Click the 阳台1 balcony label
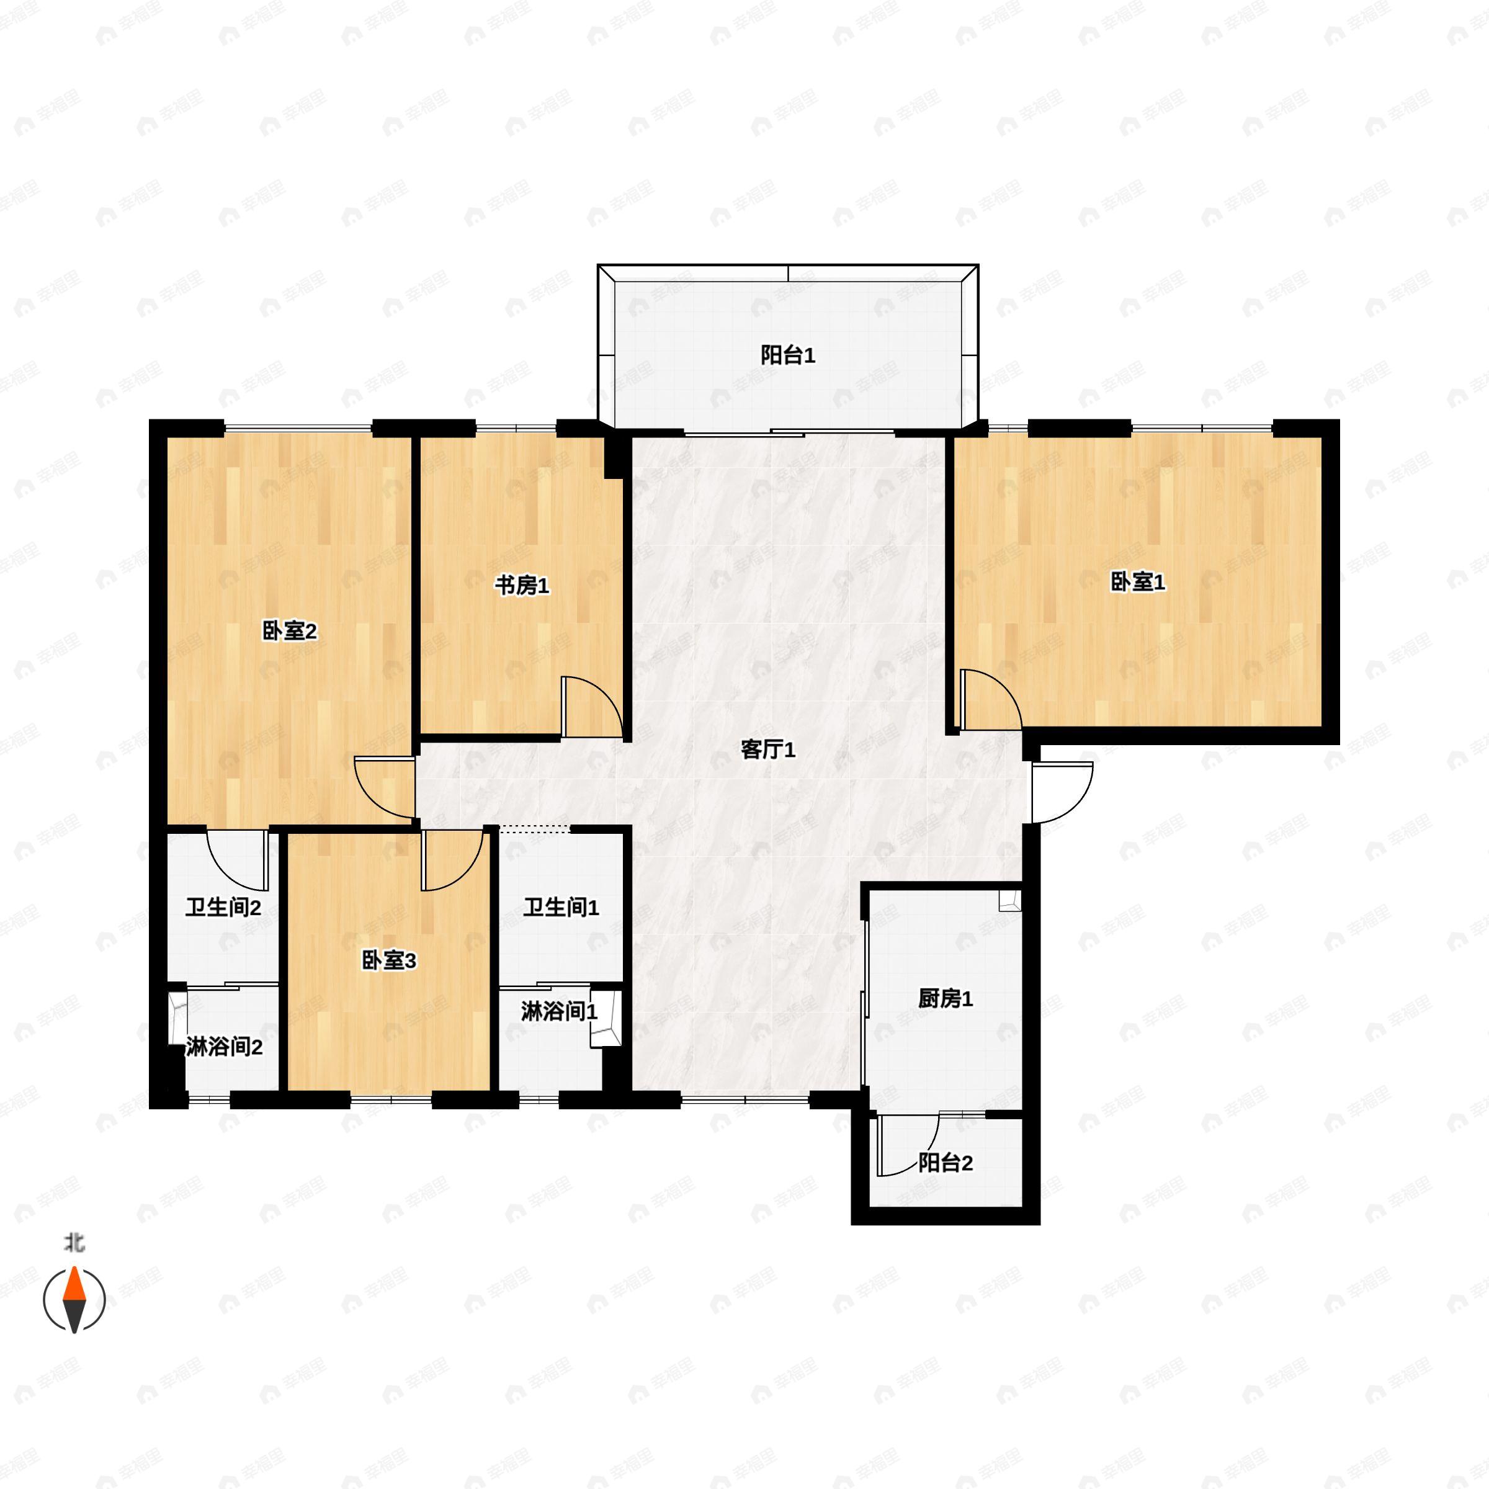pyautogui.click(x=788, y=355)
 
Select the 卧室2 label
pyautogui.click(x=290, y=631)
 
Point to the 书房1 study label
pyautogui.click(x=522, y=586)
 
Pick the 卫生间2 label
pyautogui.click(x=223, y=907)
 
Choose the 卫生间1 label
pyautogui.click(x=561, y=907)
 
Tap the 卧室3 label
pyautogui.click(x=389, y=960)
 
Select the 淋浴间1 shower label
pyautogui.click(x=560, y=1011)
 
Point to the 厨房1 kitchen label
pyautogui.click(x=946, y=999)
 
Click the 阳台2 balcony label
pyautogui.click(x=946, y=1162)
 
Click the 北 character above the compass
pyautogui.click(x=74, y=1243)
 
